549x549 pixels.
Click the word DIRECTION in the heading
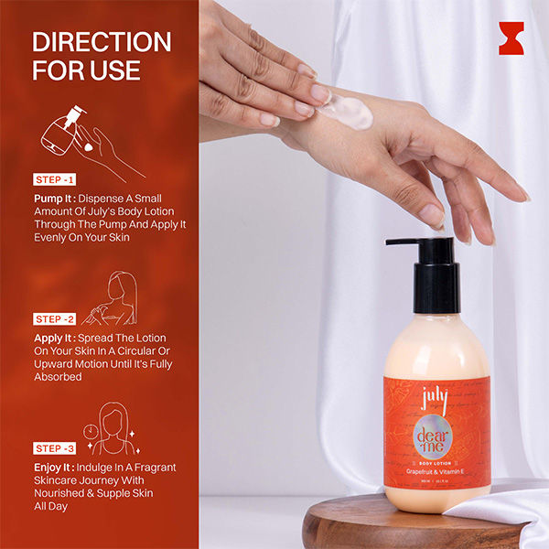[x=102, y=42]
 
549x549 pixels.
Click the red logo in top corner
[x=511, y=38]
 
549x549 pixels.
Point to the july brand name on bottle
[x=435, y=401]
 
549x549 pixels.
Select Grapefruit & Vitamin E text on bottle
[x=436, y=469]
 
